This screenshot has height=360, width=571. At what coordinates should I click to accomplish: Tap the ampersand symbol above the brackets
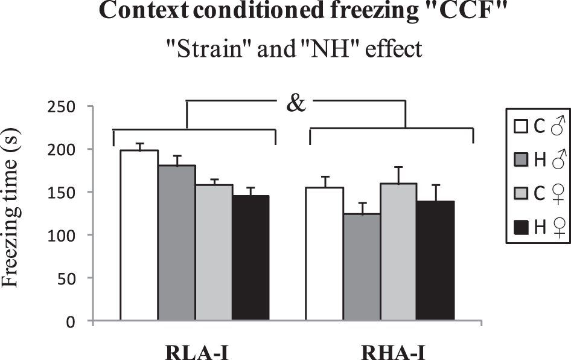coord(295,103)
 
